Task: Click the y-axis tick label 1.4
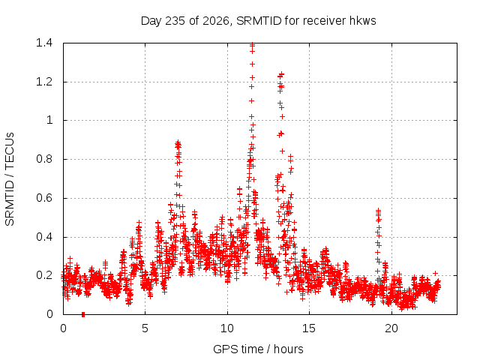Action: point(44,43)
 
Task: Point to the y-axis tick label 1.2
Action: point(44,82)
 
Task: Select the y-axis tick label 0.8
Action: point(44,159)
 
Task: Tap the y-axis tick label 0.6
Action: point(44,198)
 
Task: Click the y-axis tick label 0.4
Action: point(44,237)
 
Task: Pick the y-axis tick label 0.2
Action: point(44,275)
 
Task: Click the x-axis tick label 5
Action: point(145,328)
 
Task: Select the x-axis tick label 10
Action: point(227,328)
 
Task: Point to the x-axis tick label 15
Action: point(309,328)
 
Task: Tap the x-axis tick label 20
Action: point(391,328)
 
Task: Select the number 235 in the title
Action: point(175,21)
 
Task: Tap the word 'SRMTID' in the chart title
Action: point(259,21)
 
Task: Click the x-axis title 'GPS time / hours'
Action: point(258,349)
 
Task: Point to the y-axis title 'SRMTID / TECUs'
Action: point(10,179)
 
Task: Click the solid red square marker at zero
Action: point(83,314)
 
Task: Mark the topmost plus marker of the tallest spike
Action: point(252,45)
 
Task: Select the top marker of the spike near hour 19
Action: point(378,211)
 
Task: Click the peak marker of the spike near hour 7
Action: point(178,142)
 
